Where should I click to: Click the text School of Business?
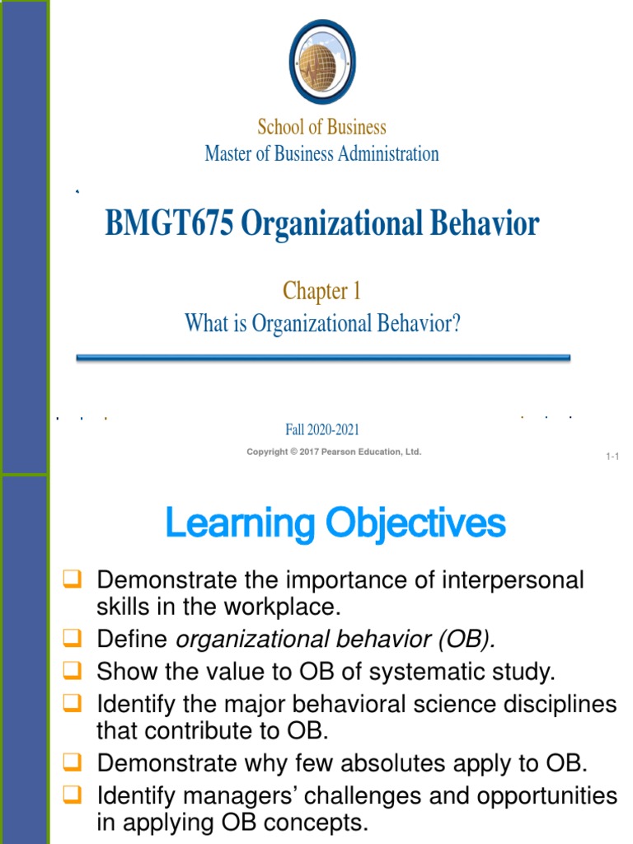tap(321, 127)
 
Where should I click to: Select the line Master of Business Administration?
tap(321, 153)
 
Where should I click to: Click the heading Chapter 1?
tap(321, 291)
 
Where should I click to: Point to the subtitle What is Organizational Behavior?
tap(321, 323)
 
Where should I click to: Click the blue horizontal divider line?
tap(323, 358)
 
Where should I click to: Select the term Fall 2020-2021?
tap(321, 429)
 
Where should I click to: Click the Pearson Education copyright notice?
tap(334, 452)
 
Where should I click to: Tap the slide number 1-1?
tap(612, 457)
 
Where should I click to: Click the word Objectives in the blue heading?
tap(415, 524)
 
